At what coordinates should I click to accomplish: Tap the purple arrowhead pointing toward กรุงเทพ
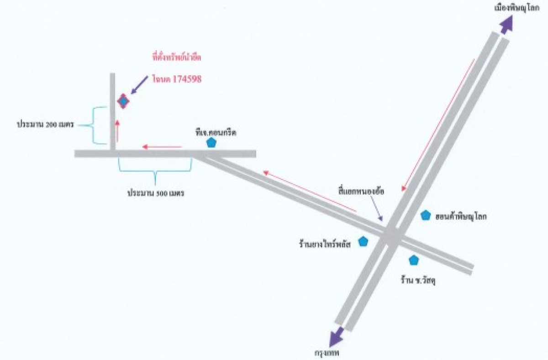[337, 337]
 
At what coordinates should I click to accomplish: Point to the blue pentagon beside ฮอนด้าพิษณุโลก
[426, 215]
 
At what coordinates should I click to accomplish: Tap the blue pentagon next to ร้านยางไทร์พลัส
[363, 241]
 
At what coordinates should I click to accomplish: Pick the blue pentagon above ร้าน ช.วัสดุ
[414, 260]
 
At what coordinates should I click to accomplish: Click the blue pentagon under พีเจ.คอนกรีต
[211, 143]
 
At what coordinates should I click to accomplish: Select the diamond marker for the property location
[123, 101]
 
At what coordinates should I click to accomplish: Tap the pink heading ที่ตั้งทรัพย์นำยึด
[176, 58]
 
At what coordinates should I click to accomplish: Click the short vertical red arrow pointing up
[117, 130]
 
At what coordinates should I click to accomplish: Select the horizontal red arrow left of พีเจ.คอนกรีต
[162, 147]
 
